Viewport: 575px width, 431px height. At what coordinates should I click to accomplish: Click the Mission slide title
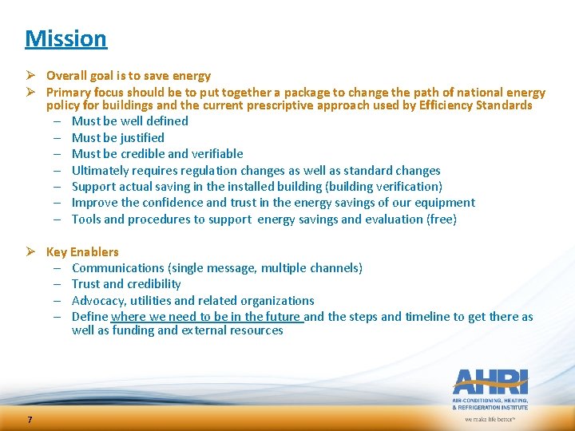pos(65,38)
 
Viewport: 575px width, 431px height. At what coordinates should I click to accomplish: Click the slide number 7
pos(30,420)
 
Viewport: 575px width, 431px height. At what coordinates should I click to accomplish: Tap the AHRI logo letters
pos(490,382)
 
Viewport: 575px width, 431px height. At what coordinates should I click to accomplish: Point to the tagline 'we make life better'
pos(490,418)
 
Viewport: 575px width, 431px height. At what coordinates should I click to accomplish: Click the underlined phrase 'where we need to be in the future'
pos(206,317)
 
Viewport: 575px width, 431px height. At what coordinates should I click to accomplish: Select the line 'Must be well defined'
pos(129,121)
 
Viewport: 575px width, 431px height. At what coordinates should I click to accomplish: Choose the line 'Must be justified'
pos(117,138)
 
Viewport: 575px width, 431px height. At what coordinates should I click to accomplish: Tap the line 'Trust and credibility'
pos(126,284)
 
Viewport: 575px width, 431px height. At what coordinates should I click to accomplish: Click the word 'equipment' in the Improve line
pos(447,203)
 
